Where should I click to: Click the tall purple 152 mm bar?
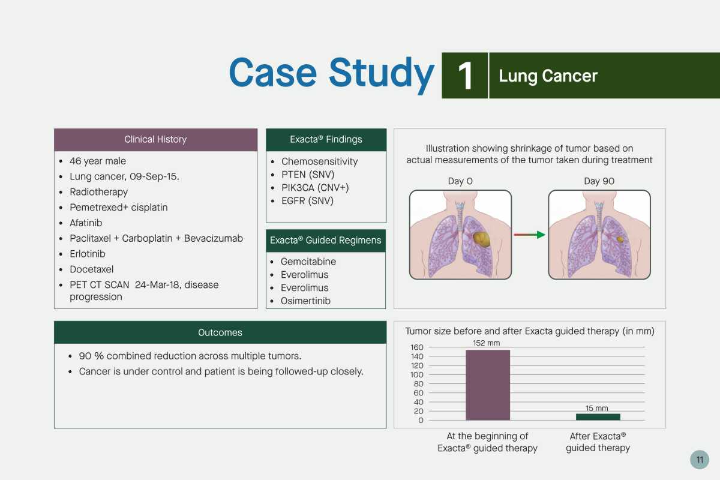point(488,385)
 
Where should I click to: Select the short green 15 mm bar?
point(598,417)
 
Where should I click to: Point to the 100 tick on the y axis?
point(416,374)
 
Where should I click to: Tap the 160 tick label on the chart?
point(416,347)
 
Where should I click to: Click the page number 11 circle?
point(700,460)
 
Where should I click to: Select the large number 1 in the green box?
point(465,76)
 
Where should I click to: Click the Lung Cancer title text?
point(548,76)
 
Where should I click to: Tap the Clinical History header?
point(155,140)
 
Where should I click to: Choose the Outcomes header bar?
point(220,332)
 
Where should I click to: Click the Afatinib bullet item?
point(86,223)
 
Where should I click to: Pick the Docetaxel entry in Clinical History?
point(92,269)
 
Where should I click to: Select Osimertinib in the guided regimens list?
point(305,301)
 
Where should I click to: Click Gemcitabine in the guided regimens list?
point(308,262)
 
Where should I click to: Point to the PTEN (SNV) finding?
point(308,175)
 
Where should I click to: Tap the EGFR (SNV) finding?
point(307,201)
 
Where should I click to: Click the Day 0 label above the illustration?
point(460,181)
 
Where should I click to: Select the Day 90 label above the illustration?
point(599,181)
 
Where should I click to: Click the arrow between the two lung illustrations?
point(529,235)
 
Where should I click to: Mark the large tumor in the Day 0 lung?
point(481,239)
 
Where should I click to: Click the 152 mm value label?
point(486,343)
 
